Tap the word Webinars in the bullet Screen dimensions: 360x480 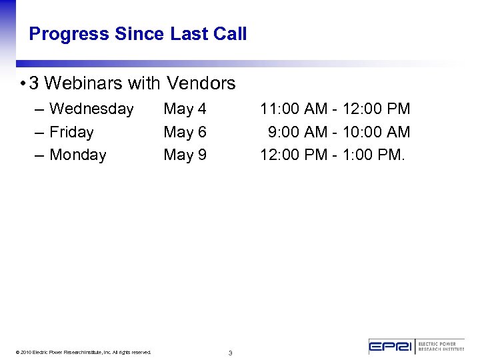pyautogui.click(x=102, y=83)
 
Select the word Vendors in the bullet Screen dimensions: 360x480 pyautogui.click(x=201, y=83)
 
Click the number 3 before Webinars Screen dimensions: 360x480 pyautogui.click(x=34, y=83)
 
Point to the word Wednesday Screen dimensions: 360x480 pyautogui.click(x=91, y=109)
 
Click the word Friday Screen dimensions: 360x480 pyautogui.click(x=71, y=132)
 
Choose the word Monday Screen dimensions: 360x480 pyautogui.click(x=78, y=155)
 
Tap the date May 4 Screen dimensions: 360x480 pyautogui.click(x=185, y=109)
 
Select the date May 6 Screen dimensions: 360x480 pyautogui.click(x=185, y=132)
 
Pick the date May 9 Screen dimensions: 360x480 pyautogui.click(x=185, y=155)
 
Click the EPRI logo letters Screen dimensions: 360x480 pyautogui.click(x=391, y=347)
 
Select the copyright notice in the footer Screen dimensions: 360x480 pyautogui.click(x=86, y=352)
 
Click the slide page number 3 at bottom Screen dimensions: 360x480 pyautogui.click(x=230, y=353)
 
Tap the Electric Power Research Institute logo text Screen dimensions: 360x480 pyautogui.click(x=441, y=347)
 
